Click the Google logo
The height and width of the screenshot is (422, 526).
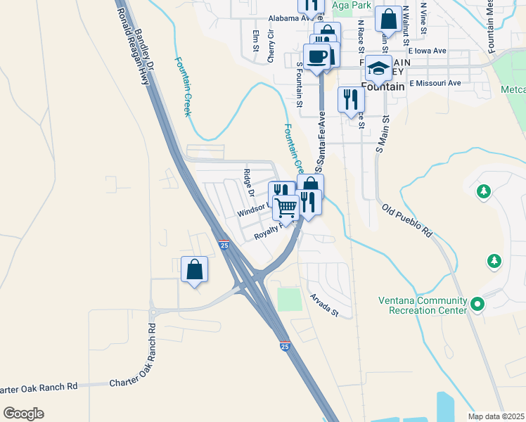click(x=23, y=414)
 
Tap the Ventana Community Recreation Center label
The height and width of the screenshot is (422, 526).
click(x=423, y=305)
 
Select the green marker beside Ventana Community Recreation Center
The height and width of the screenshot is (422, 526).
click(x=478, y=305)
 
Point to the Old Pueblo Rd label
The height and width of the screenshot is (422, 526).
click(x=407, y=220)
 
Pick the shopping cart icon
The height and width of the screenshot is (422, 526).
click(x=286, y=208)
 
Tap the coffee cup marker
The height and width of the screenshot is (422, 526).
click(x=316, y=56)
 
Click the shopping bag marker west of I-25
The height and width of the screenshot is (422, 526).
click(x=194, y=270)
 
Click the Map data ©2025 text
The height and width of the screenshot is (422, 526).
click(x=495, y=416)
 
